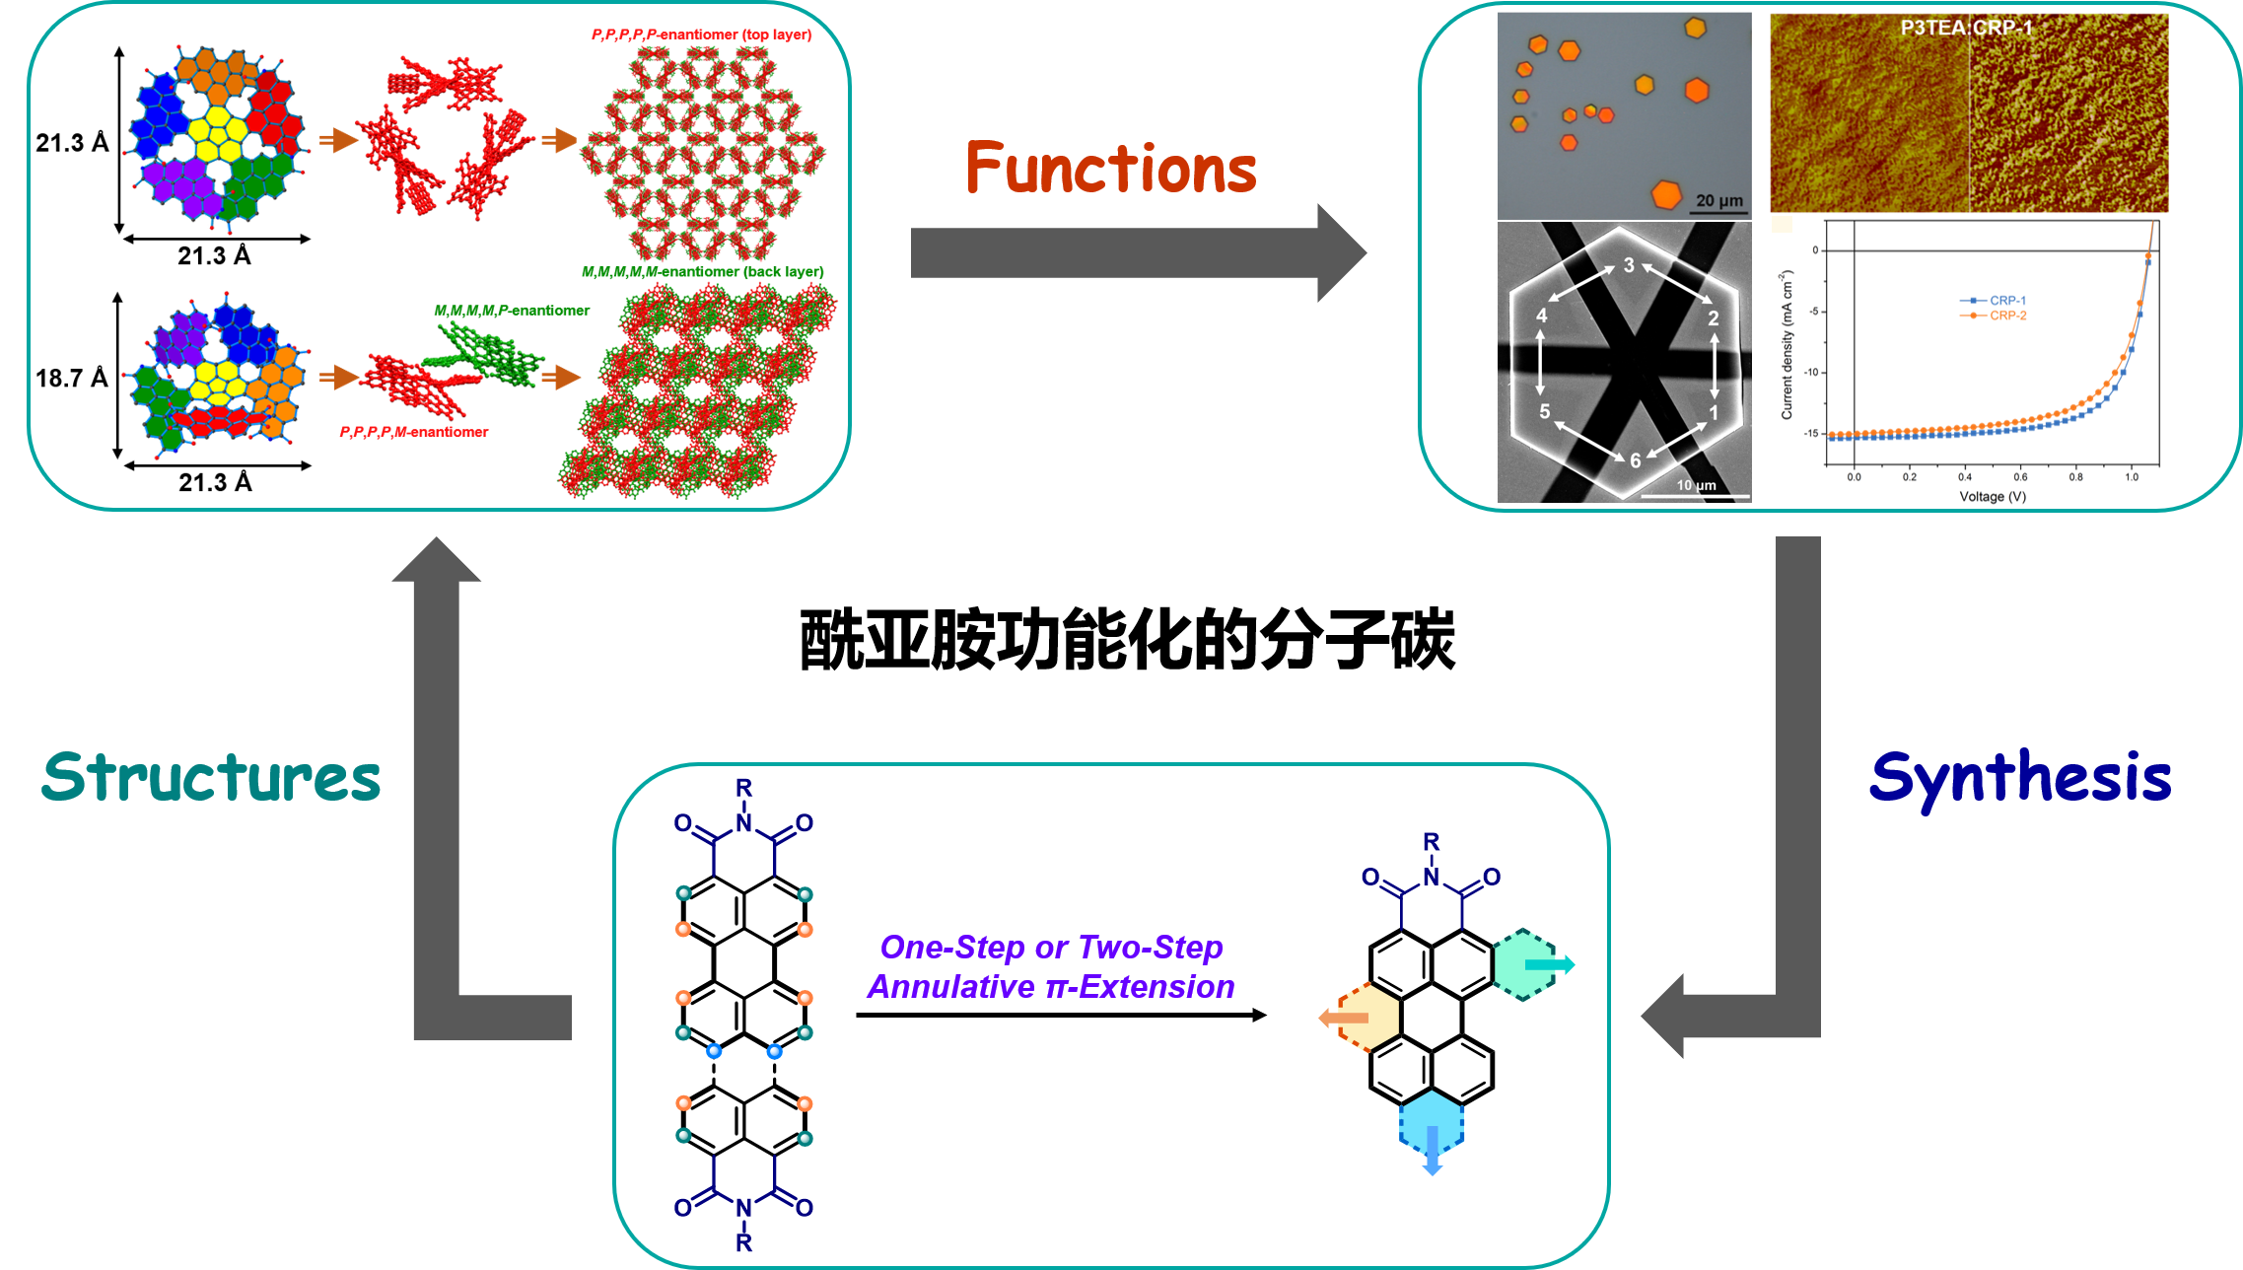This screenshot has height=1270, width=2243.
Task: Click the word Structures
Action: tap(211, 778)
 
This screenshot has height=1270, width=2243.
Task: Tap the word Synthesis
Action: tap(2019, 779)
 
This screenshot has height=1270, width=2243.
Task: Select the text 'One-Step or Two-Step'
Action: tap(1051, 947)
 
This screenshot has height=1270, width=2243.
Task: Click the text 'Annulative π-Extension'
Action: tap(1051, 987)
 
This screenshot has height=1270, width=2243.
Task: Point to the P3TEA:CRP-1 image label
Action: tap(1966, 28)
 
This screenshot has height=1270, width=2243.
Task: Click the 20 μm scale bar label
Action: tap(1718, 200)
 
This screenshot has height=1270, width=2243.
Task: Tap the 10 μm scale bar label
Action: tap(1696, 485)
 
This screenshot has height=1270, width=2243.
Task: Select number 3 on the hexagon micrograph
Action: tap(1629, 264)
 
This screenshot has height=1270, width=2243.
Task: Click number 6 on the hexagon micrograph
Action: tap(1635, 460)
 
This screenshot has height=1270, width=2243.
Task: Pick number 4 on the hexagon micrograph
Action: tap(1542, 316)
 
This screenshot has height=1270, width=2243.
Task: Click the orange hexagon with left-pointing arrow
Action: tap(1367, 1018)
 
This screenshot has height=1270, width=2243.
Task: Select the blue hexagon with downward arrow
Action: tap(1432, 1126)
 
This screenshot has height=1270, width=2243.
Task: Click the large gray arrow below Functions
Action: tap(1134, 252)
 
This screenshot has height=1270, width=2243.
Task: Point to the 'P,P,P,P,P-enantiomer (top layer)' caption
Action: tap(701, 35)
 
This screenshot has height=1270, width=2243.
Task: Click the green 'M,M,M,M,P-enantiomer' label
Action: tap(512, 311)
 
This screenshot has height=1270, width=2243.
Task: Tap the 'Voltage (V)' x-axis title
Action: tap(1993, 497)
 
